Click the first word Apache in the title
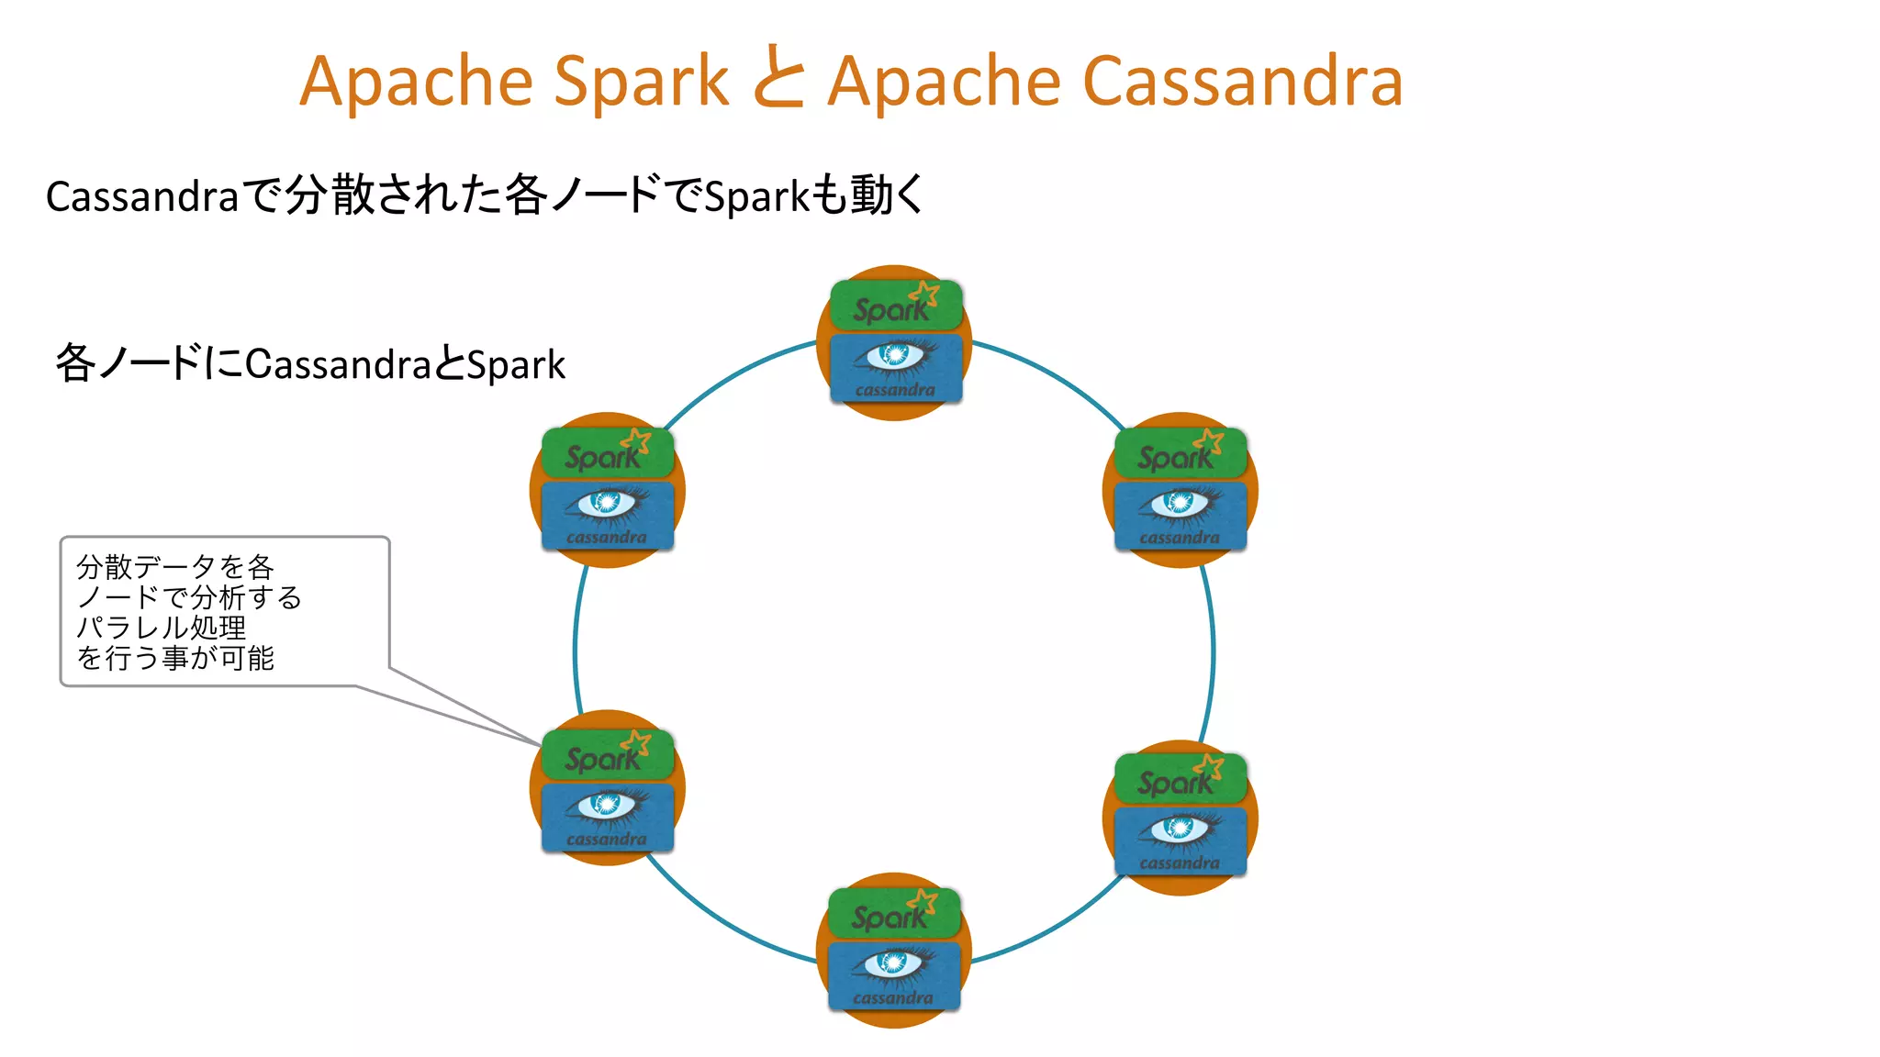click(417, 82)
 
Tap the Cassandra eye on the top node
click(895, 355)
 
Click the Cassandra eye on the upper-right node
click(1180, 503)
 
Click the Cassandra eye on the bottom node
click(893, 963)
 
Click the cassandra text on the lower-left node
click(607, 839)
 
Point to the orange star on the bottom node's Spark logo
click(923, 900)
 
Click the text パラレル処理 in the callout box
click(162, 628)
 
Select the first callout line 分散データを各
click(174, 567)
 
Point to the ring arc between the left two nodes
click(576, 642)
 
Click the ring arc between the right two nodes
click(1213, 651)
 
